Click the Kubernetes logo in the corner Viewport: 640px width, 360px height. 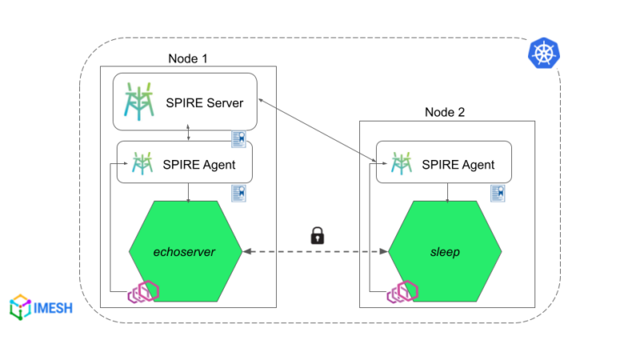(x=544, y=54)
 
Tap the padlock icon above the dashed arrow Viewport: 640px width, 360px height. (x=318, y=235)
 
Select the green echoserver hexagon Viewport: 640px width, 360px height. (x=186, y=251)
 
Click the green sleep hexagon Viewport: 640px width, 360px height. (x=445, y=251)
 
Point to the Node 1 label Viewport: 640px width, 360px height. (x=188, y=58)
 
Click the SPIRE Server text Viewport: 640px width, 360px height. (x=204, y=102)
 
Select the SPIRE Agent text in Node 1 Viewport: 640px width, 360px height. (x=200, y=165)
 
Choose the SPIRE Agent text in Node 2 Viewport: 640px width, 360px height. (x=458, y=165)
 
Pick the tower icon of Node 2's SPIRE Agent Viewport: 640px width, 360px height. (x=401, y=164)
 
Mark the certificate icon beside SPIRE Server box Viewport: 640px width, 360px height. (x=238, y=139)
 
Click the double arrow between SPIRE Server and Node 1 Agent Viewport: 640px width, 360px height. (x=187, y=132)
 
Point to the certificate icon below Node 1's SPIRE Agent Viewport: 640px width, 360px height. (x=238, y=193)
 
